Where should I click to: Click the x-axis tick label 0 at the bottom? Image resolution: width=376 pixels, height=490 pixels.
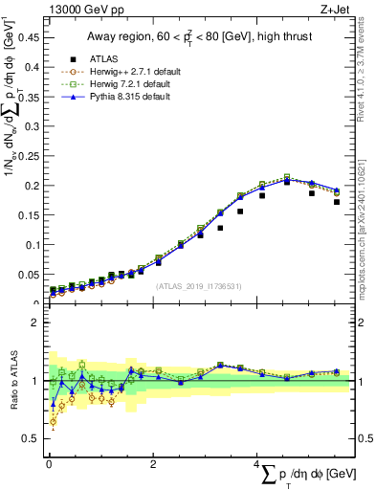pos(49,463)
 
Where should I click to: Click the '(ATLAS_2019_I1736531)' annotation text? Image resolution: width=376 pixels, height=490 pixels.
pos(198,285)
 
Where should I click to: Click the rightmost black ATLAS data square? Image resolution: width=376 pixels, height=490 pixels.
pos(337,202)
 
